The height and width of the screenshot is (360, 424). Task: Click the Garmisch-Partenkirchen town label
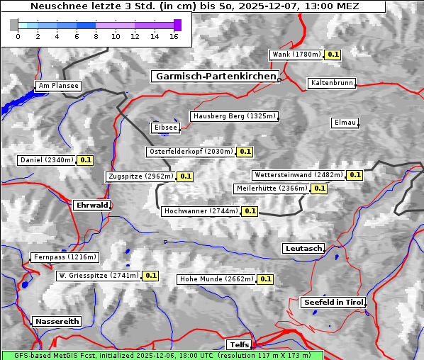point(215,76)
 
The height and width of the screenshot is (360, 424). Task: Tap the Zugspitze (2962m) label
point(140,176)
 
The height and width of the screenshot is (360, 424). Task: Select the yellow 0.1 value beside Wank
point(333,55)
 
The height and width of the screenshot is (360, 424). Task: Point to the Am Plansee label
point(57,86)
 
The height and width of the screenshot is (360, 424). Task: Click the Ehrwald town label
point(91,205)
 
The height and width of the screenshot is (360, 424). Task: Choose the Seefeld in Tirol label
point(333,302)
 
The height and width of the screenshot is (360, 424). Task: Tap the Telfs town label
point(238,344)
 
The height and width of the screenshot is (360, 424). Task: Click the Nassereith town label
point(56,321)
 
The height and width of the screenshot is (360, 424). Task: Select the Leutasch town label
point(303,248)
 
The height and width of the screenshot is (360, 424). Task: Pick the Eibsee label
point(164,128)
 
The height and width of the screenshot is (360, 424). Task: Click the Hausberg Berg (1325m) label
point(233,116)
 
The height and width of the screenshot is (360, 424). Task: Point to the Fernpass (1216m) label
point(64,257)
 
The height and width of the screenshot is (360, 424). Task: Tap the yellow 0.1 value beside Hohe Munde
point(265,279)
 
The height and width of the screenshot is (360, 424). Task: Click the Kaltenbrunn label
point(331,83)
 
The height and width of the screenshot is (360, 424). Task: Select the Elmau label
point(345,123)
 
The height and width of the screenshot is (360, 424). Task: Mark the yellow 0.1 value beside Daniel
point(85,160)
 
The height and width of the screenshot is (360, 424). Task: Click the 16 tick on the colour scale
point(174,36)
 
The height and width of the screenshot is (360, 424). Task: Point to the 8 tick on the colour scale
point(96,36)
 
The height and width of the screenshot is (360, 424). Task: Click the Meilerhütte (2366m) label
point(272,189)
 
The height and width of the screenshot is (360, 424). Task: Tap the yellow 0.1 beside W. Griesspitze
point(150,275)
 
